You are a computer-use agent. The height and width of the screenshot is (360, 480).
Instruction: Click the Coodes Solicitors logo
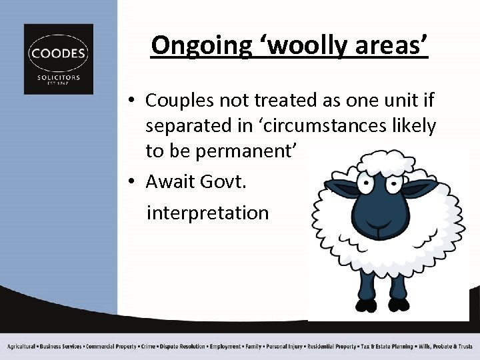click(x=59, y=59)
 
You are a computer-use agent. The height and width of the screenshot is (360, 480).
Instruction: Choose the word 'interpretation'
click(x=207, y=213)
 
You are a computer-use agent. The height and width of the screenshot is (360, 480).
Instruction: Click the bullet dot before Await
click(x=133, y=182)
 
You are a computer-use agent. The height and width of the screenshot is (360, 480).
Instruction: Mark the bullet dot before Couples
click(x=133, y=101)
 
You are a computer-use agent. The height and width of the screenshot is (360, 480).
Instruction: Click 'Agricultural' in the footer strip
click(x=22, y=347)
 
